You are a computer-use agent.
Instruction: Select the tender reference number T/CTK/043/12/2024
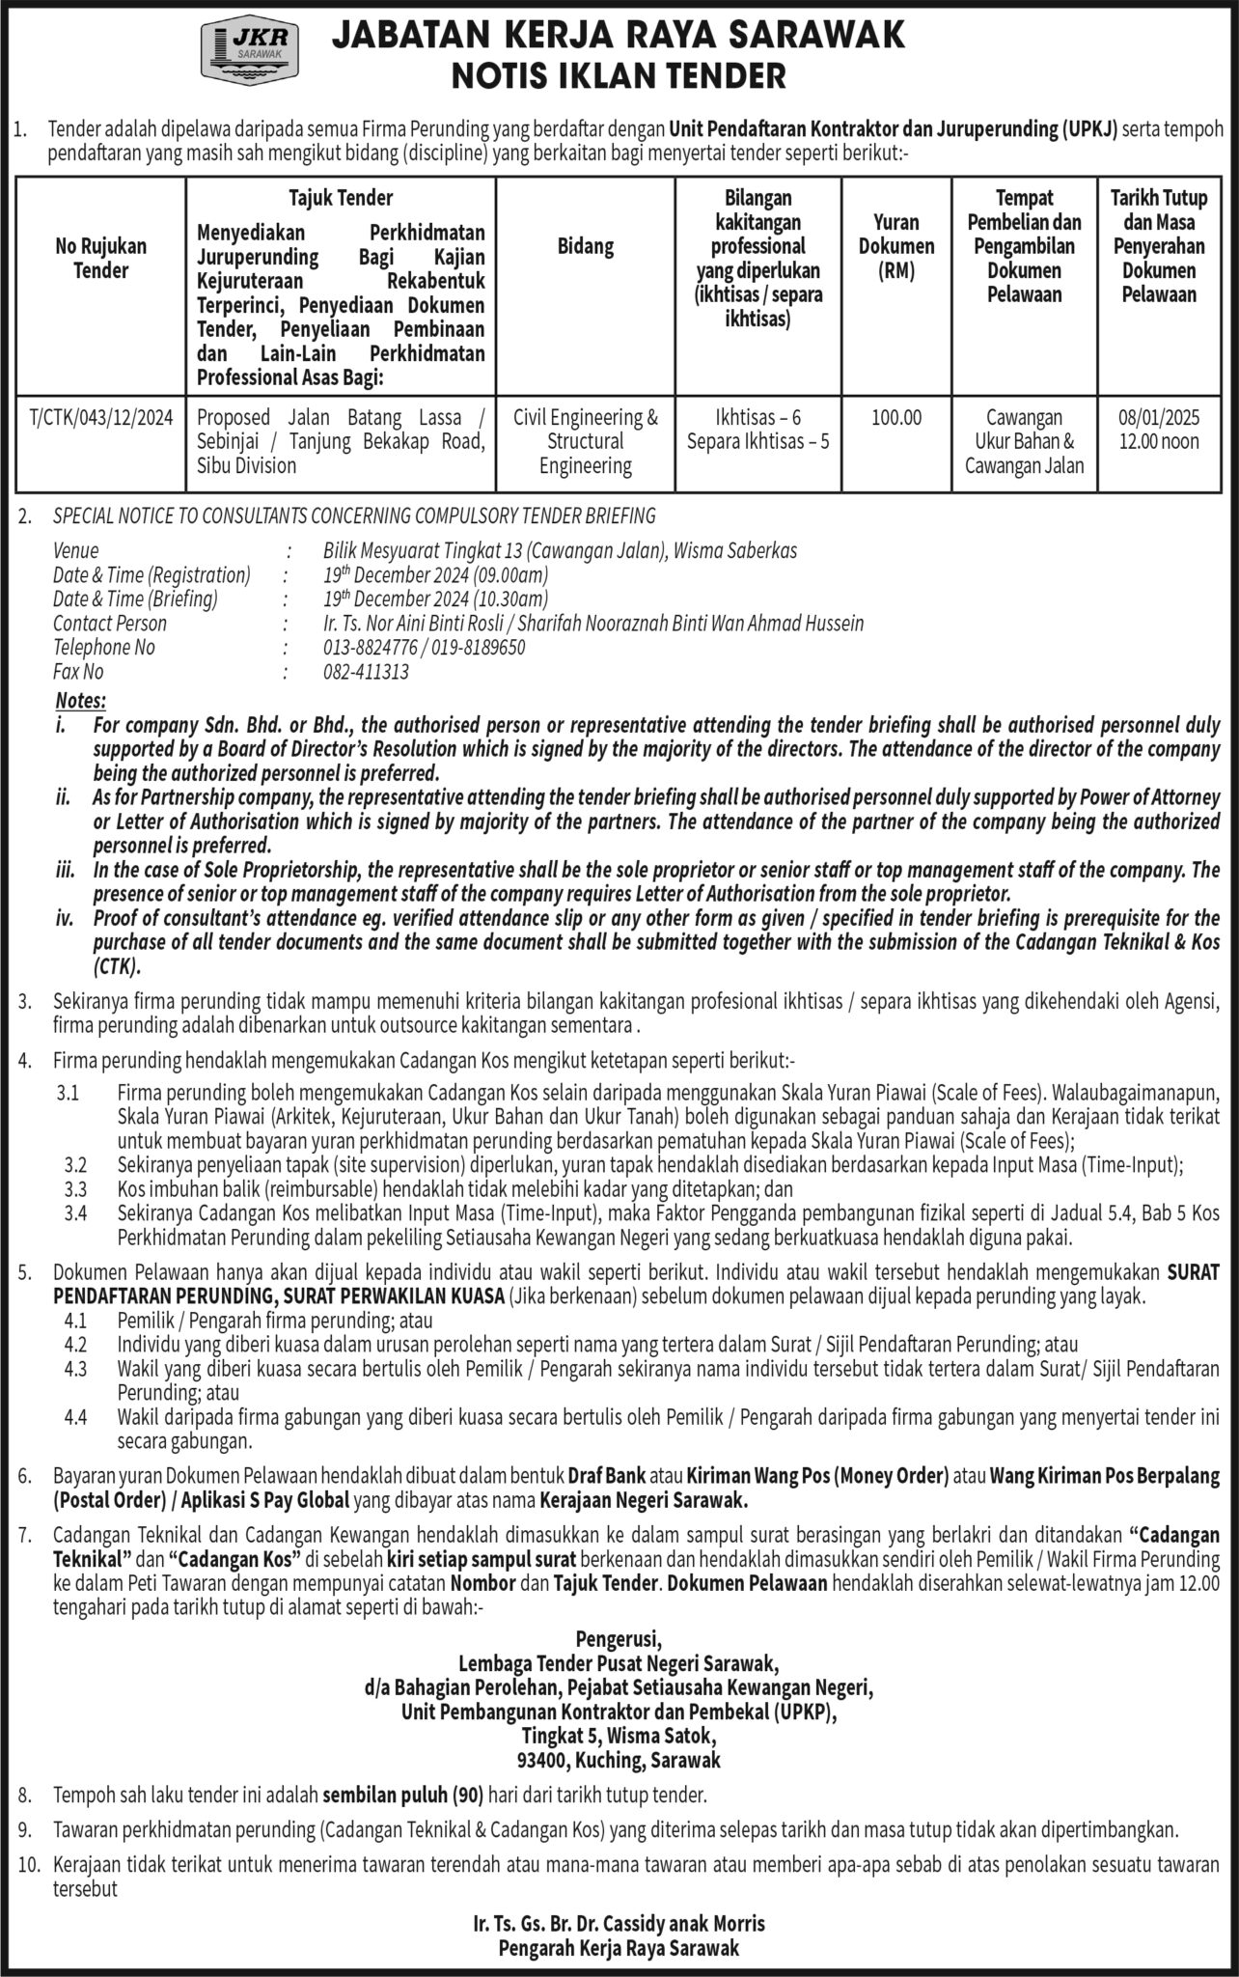(x=101, y=418)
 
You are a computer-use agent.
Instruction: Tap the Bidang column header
(x=586, y=246)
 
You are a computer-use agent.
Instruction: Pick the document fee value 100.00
(x=896, y=418)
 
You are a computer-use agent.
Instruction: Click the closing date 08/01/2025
(x=1159, y=418)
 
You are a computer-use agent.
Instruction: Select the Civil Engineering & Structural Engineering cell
(x=586, y=441)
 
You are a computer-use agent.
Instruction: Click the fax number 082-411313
(x=366, y=672)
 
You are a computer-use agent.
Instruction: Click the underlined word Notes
(x=81, y=701)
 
